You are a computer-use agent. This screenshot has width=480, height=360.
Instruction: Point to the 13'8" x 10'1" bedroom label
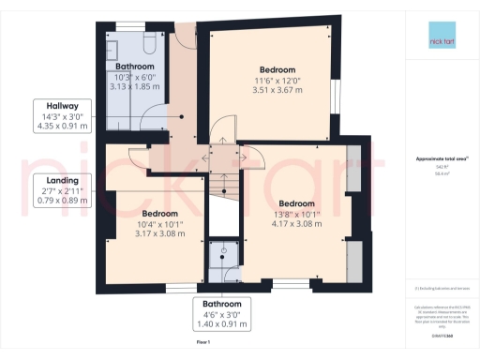295,215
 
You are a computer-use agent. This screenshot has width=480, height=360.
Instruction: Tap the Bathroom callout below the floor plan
222,314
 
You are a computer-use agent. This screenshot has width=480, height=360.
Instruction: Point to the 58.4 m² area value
436,173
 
